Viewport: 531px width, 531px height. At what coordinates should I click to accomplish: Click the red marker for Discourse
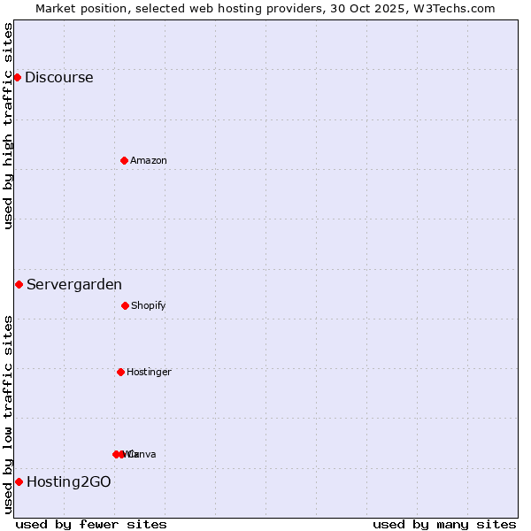click(x=17, y=77)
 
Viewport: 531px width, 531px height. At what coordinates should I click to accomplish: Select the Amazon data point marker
click(x=124, y=160)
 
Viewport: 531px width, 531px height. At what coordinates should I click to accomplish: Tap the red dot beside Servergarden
click(x=19, y=284)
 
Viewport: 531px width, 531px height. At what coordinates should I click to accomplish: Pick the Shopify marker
click(x=125, y=305)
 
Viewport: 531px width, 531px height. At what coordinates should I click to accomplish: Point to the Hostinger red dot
click(x=120, y=372)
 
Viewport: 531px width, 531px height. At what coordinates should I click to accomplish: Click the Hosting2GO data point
click(x=19, y=481)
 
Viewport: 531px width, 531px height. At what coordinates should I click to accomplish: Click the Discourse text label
click(x=58, y=77)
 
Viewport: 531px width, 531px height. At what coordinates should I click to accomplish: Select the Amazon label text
click(x=149, y=160)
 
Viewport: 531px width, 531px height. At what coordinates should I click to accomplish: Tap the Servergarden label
click(x=74, y=284)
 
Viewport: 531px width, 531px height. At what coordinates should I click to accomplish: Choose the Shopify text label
click(x=149, y=305)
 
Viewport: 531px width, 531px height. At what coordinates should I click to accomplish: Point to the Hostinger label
click(x=149, y=372)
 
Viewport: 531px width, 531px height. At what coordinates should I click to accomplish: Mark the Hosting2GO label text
click(x=69, y=481)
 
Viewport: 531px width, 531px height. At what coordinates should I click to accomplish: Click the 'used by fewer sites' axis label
click(x=91, y=524)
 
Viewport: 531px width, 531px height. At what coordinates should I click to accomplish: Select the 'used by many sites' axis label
click(x=444, y=524)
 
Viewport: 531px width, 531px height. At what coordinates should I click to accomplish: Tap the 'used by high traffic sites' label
click(x=8, y=126)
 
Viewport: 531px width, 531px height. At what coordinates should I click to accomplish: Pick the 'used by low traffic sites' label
click(x=8, y=414)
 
